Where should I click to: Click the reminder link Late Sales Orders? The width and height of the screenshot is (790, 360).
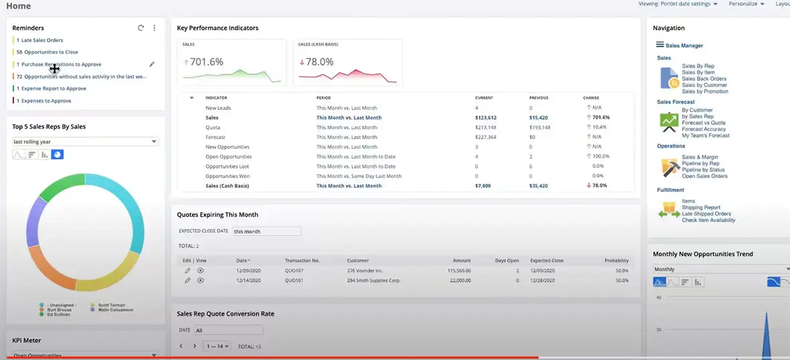tap(42, 40)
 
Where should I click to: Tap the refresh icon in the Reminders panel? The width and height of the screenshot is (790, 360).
tap(141, 28)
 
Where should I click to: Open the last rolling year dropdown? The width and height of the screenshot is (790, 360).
tap(85, 142)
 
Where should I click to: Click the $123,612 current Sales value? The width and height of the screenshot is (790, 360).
tap(485, 118)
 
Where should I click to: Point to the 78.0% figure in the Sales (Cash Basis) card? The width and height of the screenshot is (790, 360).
tap(319, 62)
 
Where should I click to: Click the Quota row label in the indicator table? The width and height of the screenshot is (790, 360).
tap(212, 127)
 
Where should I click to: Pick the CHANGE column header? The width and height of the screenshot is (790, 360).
tap(590, 98)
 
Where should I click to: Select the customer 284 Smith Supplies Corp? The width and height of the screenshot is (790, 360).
tap(374, 280)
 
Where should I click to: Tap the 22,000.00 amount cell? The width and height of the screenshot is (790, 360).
tap(459, 280)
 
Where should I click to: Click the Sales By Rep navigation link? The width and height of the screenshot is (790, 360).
tap(698, 66)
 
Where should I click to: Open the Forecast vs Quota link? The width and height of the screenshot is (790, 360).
tap(703, 122)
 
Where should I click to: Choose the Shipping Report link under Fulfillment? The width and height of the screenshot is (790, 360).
tap(701, 207)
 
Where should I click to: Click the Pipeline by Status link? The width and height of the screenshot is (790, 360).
tap(703, 170)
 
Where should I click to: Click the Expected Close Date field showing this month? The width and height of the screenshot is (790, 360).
tap(266, 232)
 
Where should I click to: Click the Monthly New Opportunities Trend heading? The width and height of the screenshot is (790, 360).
tap(702, 254)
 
